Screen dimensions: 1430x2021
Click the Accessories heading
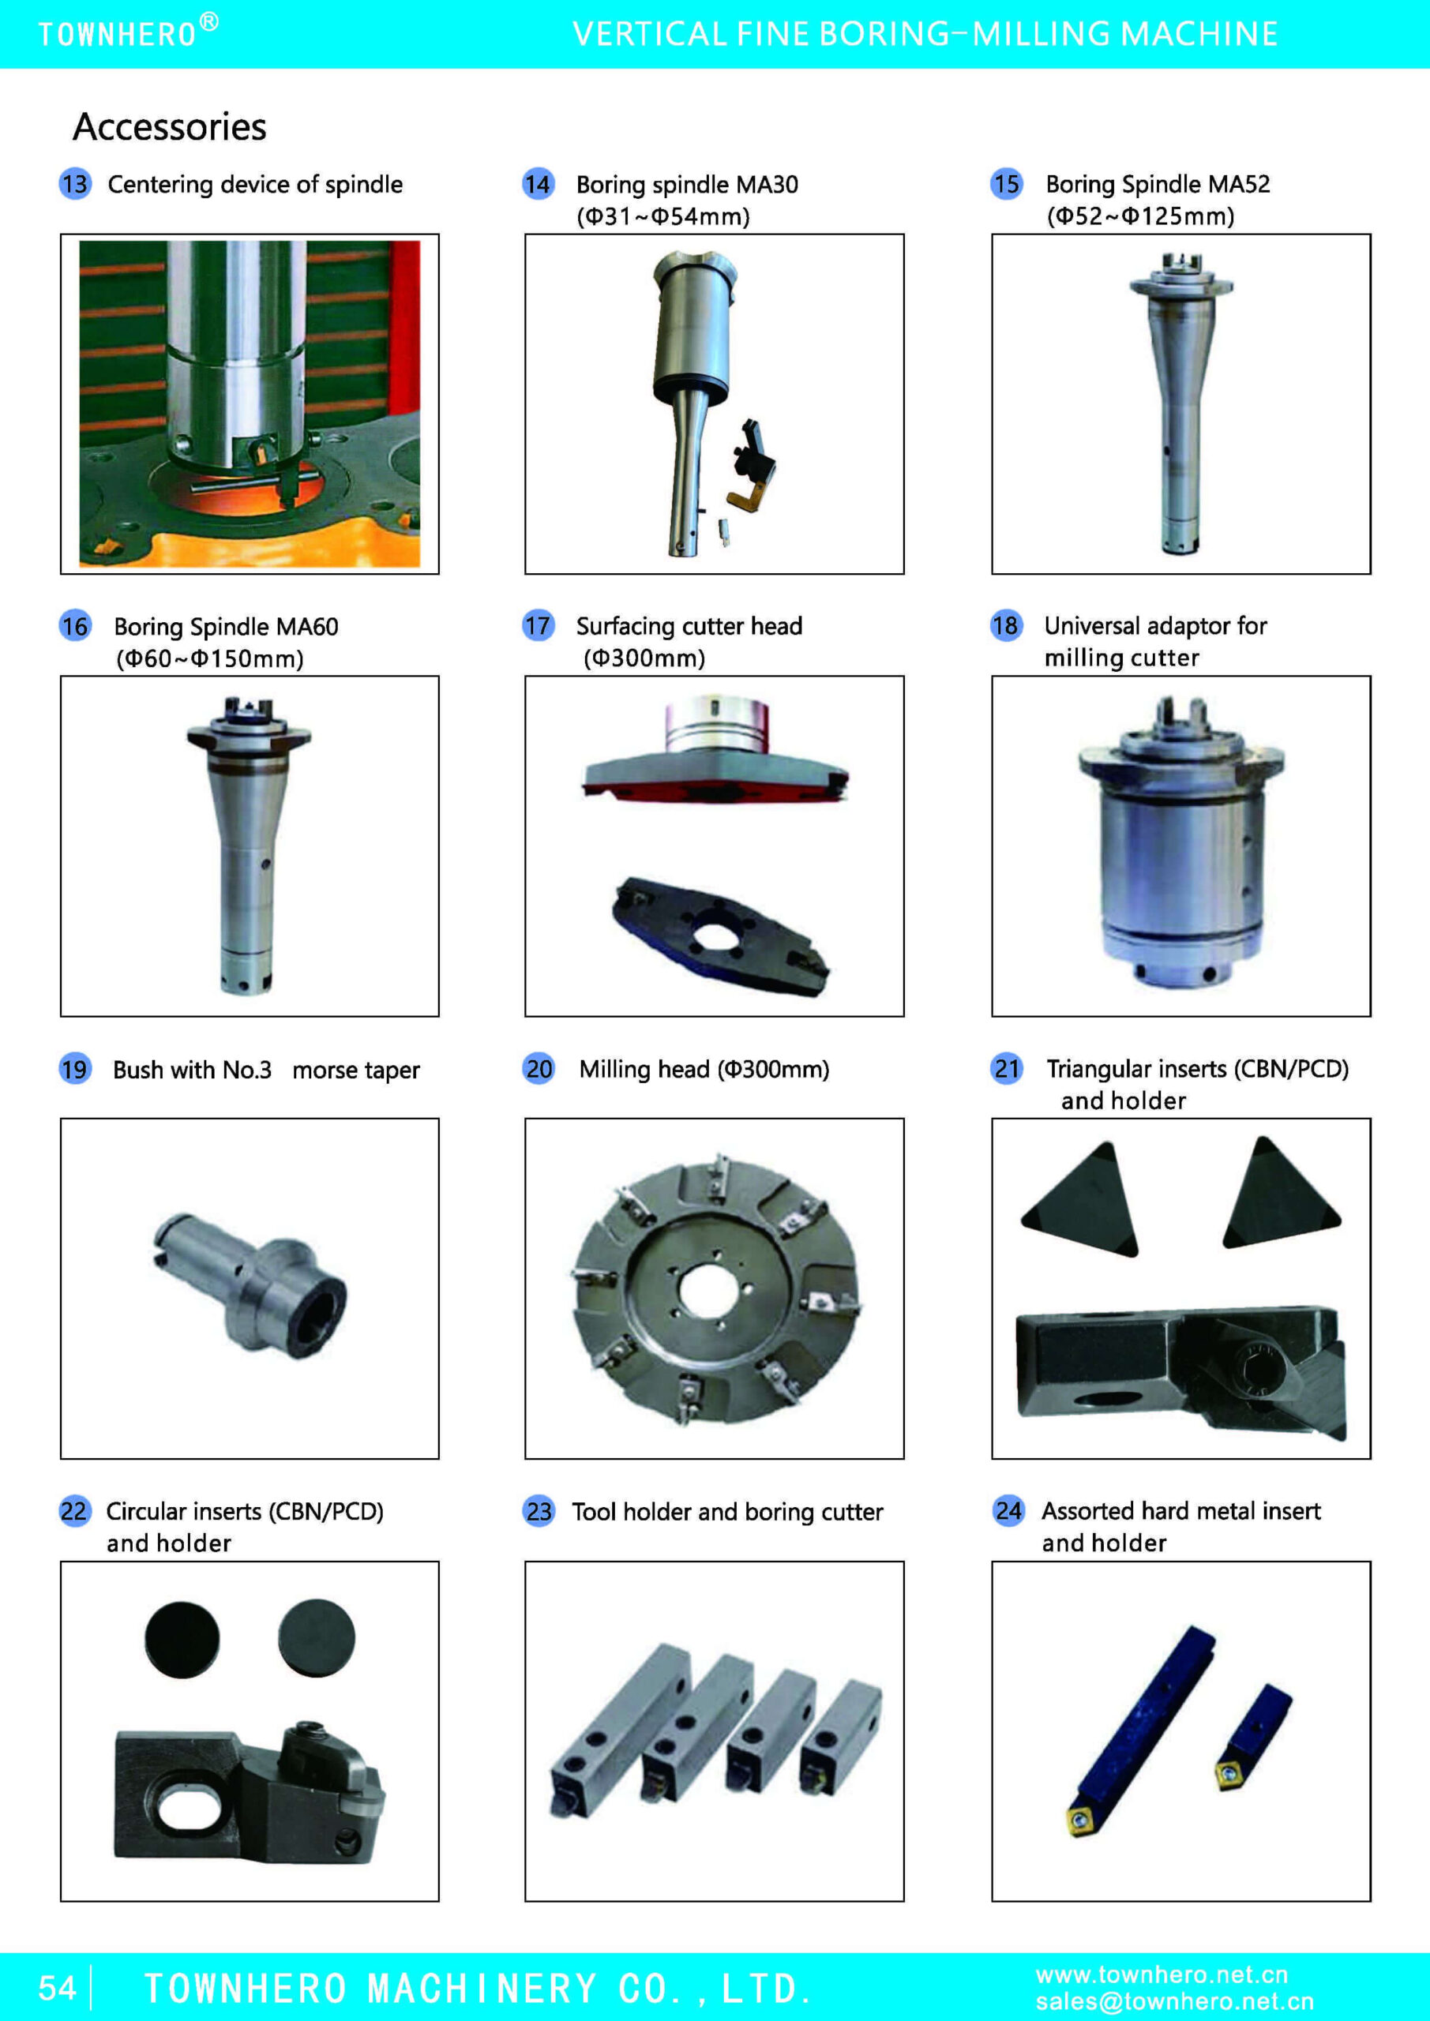pyautogui.click(x=169, y=127)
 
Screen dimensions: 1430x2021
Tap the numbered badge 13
pyautogui.click(x=76, y=184)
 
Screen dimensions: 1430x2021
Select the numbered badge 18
pyautogui.click(x=1005, y=626)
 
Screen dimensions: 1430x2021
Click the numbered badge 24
pyautogui.click(x=1008, y=1510)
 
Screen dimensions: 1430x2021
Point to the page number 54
pyautogui.click(x=57, y=1988)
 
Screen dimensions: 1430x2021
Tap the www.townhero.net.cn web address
pyautogui.click(x=1162, y=1974)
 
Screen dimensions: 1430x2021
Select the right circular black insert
pyautogui.click(x=316, y=1638)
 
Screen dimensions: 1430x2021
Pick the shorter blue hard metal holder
pyautogui.click(x=1253, y=1736)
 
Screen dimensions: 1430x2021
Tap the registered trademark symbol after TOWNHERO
pyautogui.click(x=208, y=22)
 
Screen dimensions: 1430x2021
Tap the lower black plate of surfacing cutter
pyautogui.click(x=720, y=936)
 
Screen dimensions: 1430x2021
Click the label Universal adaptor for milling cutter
pyautogui.click(x=1155, y=642)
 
